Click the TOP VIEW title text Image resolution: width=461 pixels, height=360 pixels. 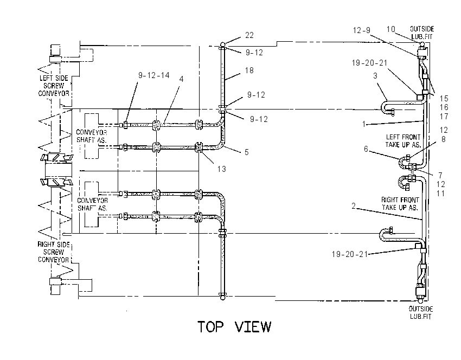(234, 327)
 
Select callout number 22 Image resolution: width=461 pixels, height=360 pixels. (249, 35)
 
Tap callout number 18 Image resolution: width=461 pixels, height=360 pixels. (249, 70)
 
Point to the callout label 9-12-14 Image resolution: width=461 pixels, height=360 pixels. (154, 75)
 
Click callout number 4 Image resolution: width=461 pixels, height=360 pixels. (181, 79)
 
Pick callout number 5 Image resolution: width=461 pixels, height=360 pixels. (246, 152)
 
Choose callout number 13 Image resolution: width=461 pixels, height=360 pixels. (221, 169)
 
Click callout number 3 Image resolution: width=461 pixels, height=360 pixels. (375, 76)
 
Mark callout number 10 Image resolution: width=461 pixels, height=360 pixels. (390, 29)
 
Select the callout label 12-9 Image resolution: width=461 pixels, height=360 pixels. (362, 30)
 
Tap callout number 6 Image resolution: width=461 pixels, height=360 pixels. (366, 149)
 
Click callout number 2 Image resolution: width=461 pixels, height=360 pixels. (354, 206)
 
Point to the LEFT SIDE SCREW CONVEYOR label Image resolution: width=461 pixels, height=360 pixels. (54, 86)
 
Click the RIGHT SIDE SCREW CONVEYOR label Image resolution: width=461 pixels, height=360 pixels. (54, 252)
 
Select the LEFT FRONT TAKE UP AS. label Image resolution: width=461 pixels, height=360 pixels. (403, 141)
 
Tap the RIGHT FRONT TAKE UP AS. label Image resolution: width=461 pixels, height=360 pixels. (400, 204)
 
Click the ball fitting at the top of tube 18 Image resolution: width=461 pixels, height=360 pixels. (222, 44)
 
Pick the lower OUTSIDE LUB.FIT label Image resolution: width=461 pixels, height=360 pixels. (421, 312)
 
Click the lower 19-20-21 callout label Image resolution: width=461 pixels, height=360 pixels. (350, 254)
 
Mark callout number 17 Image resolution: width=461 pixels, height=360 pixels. (444, 117)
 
